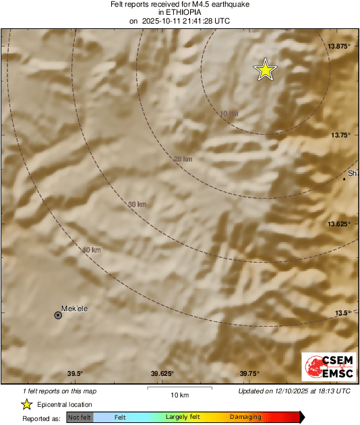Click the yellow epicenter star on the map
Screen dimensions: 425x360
(x=266, y=69)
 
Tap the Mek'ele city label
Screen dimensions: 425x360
(x=75, y=309)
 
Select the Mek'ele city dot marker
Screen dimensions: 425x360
(x=58, y=315)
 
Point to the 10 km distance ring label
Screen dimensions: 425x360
(x=229, y=113)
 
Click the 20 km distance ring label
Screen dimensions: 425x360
(x=183, y=159)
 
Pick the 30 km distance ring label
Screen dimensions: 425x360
(x=137, y=204)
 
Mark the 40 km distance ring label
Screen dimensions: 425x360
(x=91, y=250)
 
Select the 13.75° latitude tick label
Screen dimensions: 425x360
(x=340, y=135)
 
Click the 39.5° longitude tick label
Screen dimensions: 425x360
(x=75, y=374)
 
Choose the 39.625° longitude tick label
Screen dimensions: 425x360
(x=162, y=374)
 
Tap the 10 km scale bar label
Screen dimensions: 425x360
(x=179, y=394)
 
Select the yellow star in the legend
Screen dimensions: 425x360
(x=27, y=404)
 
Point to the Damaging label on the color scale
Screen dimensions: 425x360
(x=245, y=418)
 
